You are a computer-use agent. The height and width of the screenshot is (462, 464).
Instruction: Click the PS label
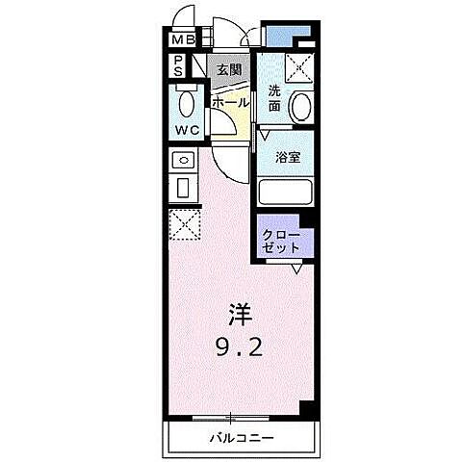(178, 65)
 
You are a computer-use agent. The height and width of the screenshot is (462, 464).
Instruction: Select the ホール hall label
(229, 102)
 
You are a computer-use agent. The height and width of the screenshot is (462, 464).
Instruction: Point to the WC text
(186, 131)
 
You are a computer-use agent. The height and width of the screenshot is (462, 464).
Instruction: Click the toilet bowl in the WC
(187, 104)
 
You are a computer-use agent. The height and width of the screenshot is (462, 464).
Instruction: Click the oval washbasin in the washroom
(301, 106)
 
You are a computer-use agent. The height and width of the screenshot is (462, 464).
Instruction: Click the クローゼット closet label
(282, 241)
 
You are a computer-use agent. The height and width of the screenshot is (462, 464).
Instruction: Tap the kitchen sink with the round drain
(183, 160)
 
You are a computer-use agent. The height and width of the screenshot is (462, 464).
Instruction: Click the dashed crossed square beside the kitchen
(183, 226)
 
